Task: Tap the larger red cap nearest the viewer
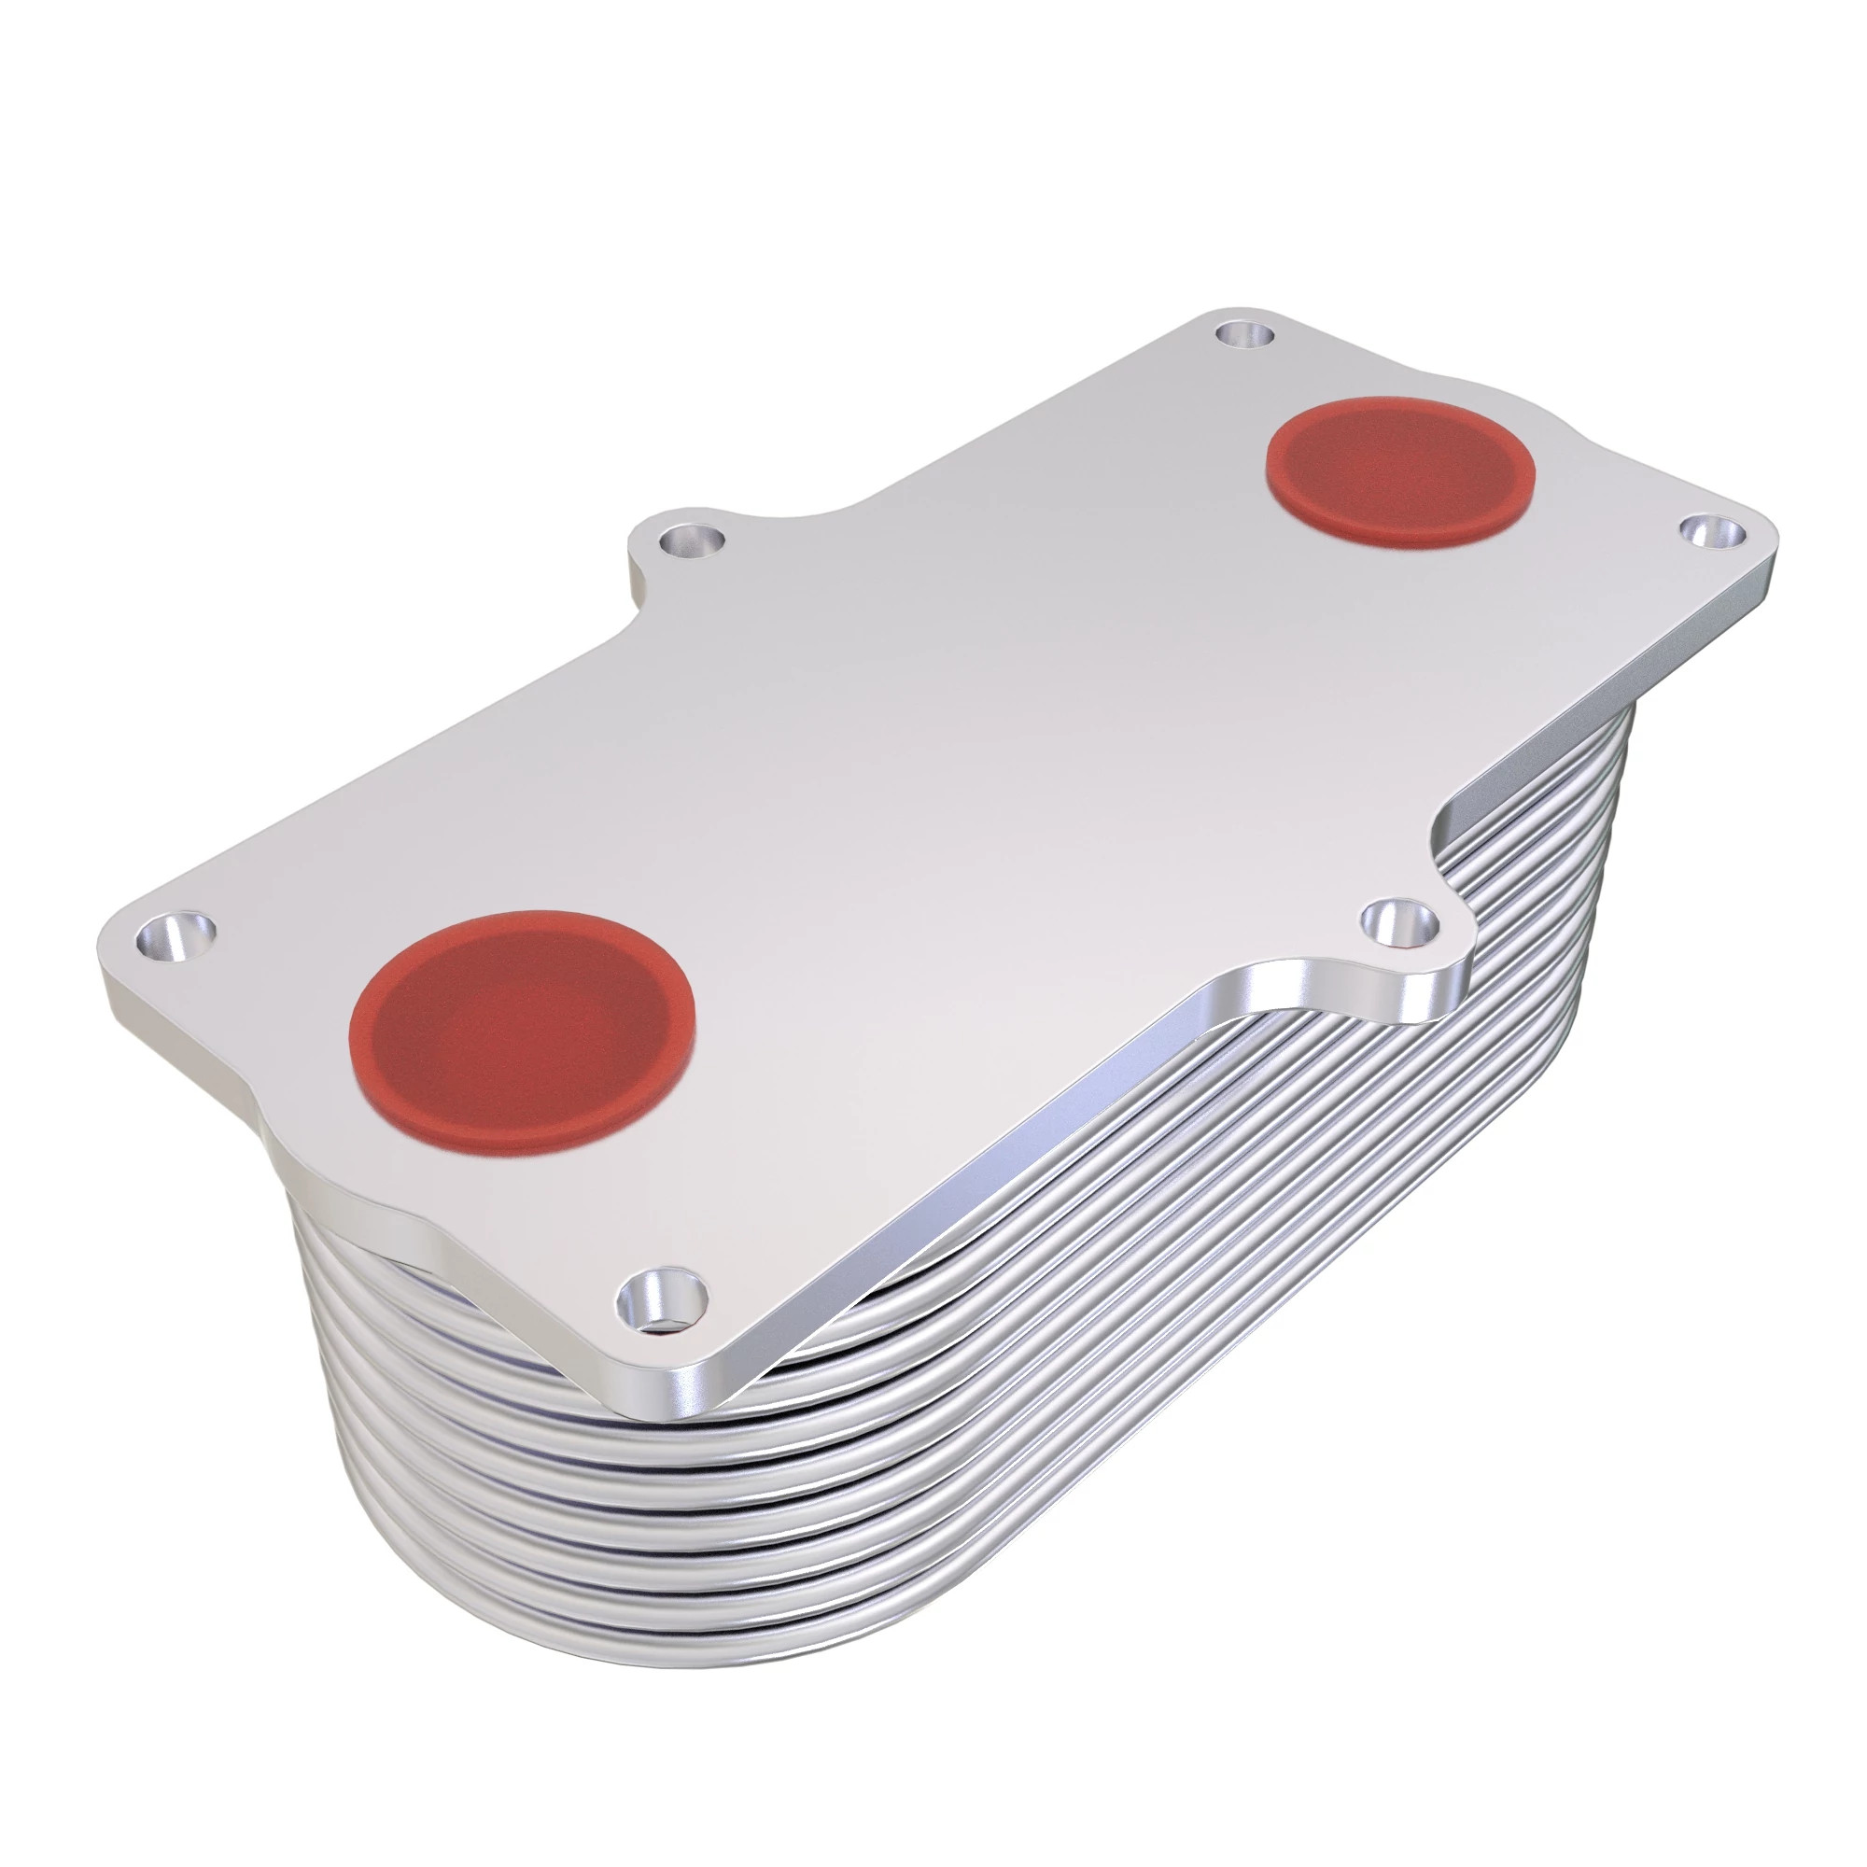[522, 1029]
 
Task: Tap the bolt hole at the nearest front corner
[662, 1295]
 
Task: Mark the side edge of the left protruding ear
[639, 580]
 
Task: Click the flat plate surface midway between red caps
[966, 753]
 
